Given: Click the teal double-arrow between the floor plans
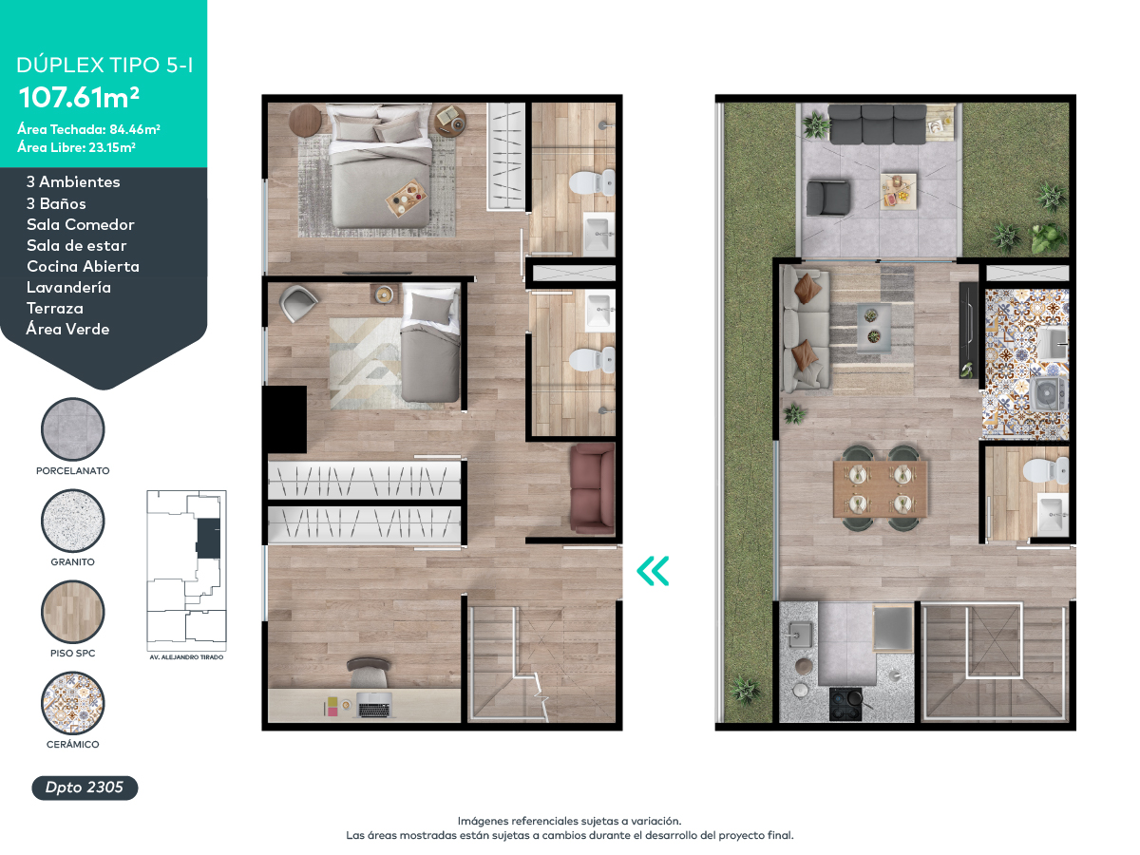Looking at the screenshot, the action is click(x=653, y=571).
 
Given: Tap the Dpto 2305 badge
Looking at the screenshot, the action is click(x=85, y=788).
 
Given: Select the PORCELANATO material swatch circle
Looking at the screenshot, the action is click(x=73, y=429).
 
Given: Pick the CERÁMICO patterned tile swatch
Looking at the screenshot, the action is click(x=73, y=703).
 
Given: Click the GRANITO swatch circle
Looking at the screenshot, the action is click(x=73, y=521).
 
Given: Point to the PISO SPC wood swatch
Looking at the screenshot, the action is click(x=73, y=612).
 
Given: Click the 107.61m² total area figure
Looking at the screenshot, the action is click(x=79, y=97).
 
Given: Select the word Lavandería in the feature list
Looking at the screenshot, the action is click(x=68, y=287).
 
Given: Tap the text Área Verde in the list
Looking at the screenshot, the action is click(x=67, y=329).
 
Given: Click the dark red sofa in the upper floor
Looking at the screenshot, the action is click(x=593, y=488).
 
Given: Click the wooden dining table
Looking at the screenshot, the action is click(x=880, y=488).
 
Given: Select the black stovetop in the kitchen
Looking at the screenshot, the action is click(x=845, y=704).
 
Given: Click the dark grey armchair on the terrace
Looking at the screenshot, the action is click(x=828, y=198).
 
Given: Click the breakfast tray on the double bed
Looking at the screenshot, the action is click(x=407, y=198).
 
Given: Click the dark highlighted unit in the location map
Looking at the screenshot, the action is click(x=208, y=538).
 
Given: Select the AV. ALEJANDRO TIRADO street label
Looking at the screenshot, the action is click(x=186, y=657).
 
